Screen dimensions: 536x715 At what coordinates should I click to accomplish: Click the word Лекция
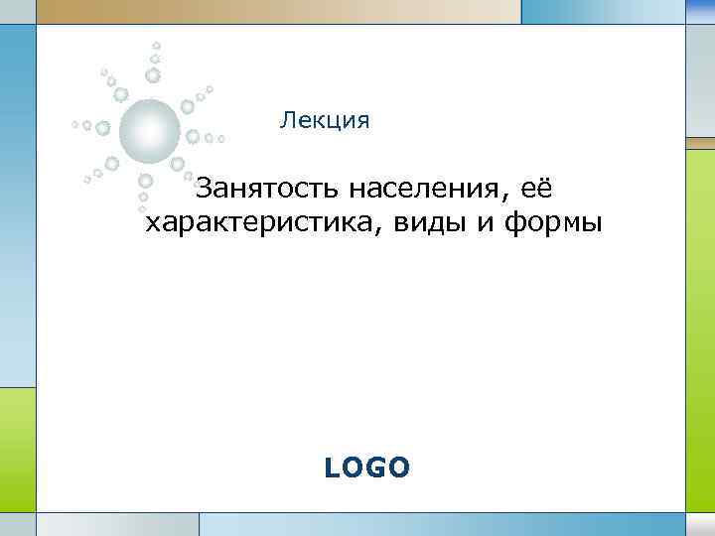pyautogui.click(x=325, y=122)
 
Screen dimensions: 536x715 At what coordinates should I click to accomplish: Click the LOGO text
pyautogui.click(x=366, y=468)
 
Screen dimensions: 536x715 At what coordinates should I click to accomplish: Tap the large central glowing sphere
pyautogui.click(x=149, y=130)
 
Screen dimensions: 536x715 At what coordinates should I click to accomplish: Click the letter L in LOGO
pyautogui.click(x=332, y=468)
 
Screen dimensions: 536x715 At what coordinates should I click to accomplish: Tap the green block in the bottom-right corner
pyautogui.click(x=700, y=523)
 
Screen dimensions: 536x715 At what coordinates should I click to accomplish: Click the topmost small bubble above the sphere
pyautogui.click(x=156, y=45)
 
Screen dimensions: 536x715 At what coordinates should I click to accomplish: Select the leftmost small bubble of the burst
pyautogui.click(x=74, y=125)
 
